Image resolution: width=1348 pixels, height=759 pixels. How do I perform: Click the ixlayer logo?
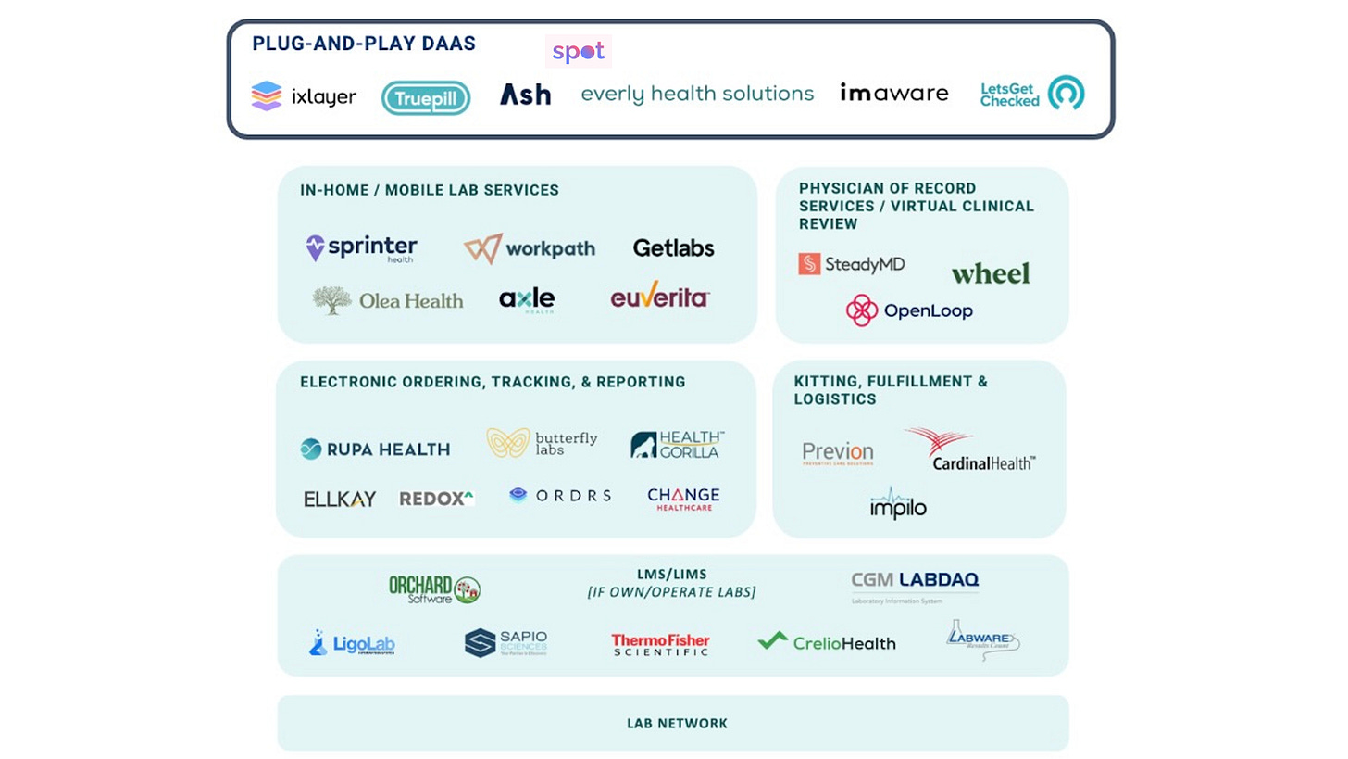click(304, 96)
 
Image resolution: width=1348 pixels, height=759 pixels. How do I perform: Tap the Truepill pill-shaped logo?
click(426, 97)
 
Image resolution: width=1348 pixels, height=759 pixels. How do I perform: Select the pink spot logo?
click(579, 52)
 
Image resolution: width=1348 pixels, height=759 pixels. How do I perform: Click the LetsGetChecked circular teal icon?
click(1066, 93)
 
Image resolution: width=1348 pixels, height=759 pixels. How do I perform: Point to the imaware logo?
click(894, 93)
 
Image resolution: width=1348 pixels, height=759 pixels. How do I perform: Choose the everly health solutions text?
click(697, 94)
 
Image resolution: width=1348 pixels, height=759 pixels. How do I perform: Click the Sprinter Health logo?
click(362, 248)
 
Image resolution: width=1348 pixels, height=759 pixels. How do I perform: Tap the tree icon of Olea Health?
click(331, 299)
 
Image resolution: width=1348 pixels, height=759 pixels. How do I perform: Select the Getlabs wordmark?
click(674, 248)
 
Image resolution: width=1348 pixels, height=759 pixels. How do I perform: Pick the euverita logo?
click(660, 297)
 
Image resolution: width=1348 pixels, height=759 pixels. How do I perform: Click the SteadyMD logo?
click(852, 264)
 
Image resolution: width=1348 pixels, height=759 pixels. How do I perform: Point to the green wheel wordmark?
click(990, 273)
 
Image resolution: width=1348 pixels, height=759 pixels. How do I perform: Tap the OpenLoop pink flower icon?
click(862, 310)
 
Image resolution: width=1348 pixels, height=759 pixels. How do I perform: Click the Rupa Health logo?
click(375, 449)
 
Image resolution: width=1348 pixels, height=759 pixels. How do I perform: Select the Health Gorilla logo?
click(677, 445)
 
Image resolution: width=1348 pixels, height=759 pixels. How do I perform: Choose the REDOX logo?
click(436, 499)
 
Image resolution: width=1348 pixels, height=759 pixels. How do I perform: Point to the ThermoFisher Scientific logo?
click(660, 644)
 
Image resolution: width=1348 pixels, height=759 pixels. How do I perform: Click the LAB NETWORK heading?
click(677, 723)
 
